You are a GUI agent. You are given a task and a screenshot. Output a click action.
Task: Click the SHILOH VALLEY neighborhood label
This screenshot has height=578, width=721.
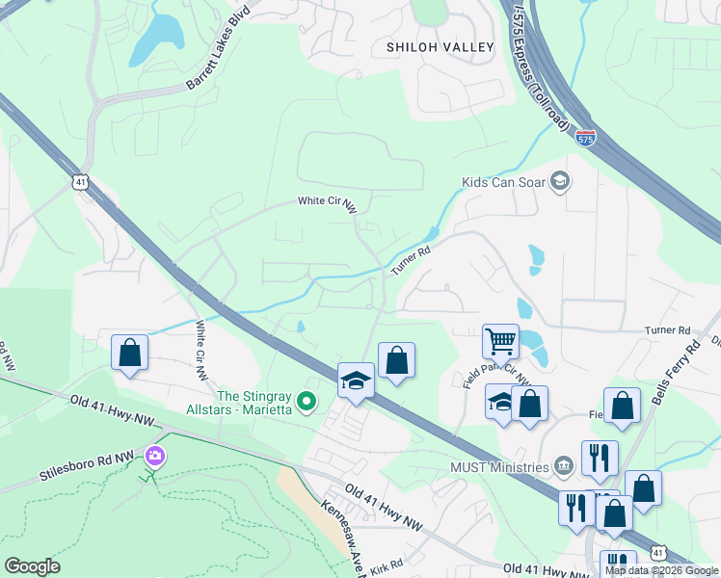point(441,46)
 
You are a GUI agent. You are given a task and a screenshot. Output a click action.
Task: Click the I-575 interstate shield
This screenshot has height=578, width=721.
point(584,139)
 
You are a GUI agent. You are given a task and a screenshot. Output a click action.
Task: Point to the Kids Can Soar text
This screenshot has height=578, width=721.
point(503,181)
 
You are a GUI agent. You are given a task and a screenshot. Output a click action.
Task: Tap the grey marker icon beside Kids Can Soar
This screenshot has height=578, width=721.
point(560,181)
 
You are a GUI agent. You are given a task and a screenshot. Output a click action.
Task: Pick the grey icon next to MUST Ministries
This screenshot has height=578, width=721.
point(563,468)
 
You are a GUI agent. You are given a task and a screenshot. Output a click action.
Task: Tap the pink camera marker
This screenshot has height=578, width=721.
point(153,455)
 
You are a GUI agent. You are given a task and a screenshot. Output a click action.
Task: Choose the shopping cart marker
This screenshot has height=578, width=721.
point(500,341)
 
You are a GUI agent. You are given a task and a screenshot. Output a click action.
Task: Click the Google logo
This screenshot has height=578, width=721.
point(32,566)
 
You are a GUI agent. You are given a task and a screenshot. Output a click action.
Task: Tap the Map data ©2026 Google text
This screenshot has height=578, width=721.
point(661,570)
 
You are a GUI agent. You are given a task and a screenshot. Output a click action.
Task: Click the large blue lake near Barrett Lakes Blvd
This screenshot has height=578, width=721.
point(156,39)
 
